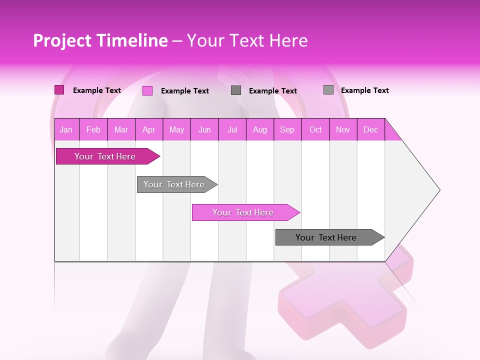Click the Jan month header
click(x=66, y=130)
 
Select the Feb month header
click(x=93, y=130)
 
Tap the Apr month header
click(x=148, y=130)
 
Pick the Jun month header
click(x=204, y=130)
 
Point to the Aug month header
click(x=259, y=130)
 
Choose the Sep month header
click(x=287, y=130)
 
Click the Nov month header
click(x=342, y=130)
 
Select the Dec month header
click(x=370, y=130)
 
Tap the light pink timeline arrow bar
click(x=243, y=212)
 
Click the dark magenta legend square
click(x=59, y=90)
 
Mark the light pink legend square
click(x=147, y=90)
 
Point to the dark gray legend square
click(x=236, y=90)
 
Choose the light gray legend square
click(x=328, y=90)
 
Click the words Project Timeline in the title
click(x=100, y=40)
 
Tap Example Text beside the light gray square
click(x=364, y=90)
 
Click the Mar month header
click(x=121, y=130)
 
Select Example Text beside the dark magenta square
click(x=96, y=90)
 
